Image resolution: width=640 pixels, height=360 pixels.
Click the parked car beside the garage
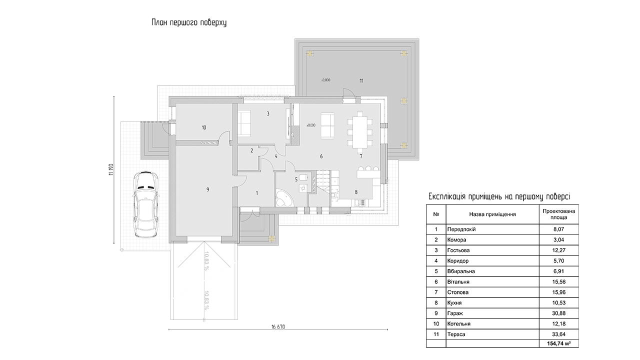click(145, 204)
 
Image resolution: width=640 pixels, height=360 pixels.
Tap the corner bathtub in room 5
click(284, 197)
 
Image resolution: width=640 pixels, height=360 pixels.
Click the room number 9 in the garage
click(207, 189)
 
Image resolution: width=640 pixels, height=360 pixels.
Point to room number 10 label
click(203, 127)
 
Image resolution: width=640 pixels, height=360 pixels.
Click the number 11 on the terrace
click(361, 81)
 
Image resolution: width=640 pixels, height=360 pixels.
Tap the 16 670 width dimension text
click(278, 327)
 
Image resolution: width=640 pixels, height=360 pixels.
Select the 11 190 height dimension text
click(111, 169)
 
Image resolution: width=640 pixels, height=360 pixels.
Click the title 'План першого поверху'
click(189, 22)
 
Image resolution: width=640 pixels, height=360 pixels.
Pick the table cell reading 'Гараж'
click(455, 313)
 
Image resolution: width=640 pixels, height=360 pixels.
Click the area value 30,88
click(558, 313)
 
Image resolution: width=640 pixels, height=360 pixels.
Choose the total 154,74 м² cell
click(559, 343)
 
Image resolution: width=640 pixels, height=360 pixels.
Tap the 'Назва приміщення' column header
click(492, 214)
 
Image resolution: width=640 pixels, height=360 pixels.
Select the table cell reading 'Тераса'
click(456, 334)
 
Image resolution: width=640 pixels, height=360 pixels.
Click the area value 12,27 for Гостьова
click(558, 250)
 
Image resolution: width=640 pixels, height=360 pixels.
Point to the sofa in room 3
click(244, 123)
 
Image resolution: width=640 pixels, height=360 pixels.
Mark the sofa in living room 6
click(327, 125)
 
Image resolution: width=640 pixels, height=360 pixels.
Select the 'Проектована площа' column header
click(558, 214)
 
